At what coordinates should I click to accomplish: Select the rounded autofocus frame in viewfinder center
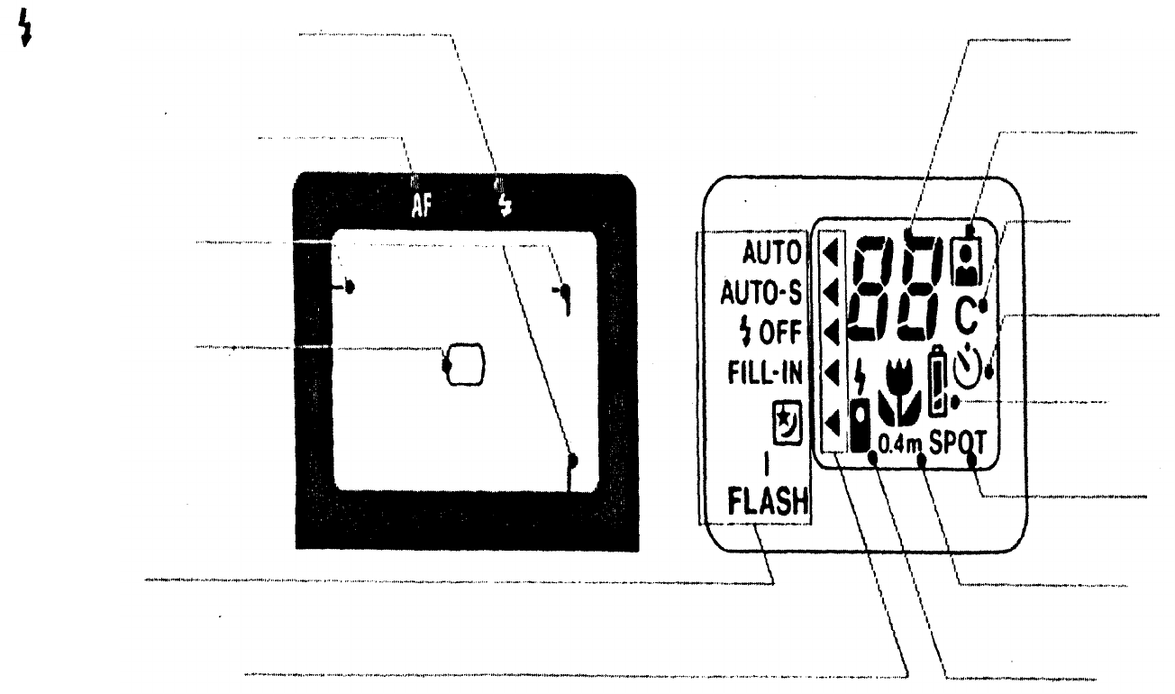(x=466, y=363)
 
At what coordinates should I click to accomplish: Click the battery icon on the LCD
(x=937, y=383)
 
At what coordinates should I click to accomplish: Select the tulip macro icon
(x=897, y=395)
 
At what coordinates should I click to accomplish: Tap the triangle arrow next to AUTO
(x=831, y=253)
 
